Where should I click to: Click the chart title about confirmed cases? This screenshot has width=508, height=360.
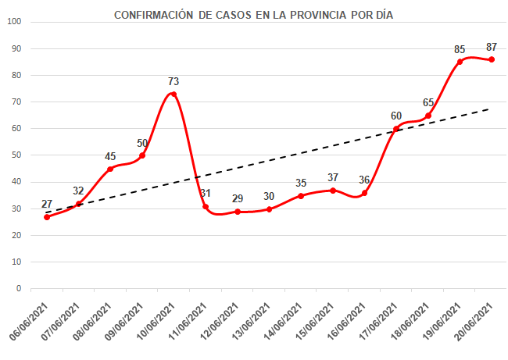click(253, 15)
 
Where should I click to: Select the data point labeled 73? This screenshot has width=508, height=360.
click(174, 94)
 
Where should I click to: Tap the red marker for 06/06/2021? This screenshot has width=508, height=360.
click(47, 216)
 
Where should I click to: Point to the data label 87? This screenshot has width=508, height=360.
click(492, 47)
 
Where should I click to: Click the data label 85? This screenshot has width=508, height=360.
click(460, 49)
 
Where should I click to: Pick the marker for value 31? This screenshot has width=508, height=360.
click(206, 206)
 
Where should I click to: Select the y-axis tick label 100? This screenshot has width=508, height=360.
click(13, 21)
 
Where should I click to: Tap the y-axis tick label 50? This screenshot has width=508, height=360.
click(16, 155)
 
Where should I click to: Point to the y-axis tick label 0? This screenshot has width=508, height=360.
click(18, 288)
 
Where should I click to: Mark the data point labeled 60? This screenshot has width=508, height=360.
click(396, 129)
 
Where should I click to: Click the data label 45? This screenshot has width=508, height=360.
click(110, 156)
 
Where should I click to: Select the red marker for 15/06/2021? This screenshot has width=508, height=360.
click(333, 190)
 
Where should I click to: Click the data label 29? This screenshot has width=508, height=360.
click(237, 199)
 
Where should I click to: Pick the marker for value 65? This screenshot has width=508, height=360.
click(428, 116)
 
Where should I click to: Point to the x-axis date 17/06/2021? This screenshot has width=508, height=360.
click(379, 320)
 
